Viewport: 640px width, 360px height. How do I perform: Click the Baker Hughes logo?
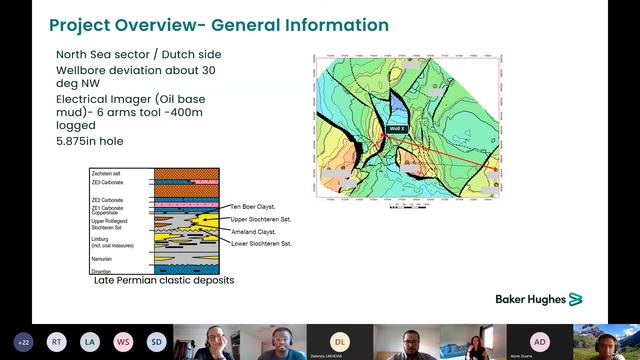tap(538, 299)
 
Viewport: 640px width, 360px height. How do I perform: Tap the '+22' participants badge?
tap(23, 341)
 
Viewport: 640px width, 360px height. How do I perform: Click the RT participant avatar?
tap(57, 341)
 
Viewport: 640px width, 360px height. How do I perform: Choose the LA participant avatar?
tap(90, 341)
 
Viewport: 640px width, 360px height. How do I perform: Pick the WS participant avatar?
tap(123, 341)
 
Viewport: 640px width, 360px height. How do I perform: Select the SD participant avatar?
tap(157, 341)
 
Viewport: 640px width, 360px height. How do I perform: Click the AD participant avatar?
tap(540, 341)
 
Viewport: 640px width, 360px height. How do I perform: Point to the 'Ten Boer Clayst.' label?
tap(253, 207)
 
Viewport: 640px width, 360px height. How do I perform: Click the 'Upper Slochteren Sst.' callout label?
tap(261, 218)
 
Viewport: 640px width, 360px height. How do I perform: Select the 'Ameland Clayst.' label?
tap(253, 231)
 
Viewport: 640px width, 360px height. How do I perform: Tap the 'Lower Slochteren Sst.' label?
tap(261, 244)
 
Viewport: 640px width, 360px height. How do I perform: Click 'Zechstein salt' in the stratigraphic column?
tap(108, 174)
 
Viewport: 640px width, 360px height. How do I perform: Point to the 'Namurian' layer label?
tap(103, 258)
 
